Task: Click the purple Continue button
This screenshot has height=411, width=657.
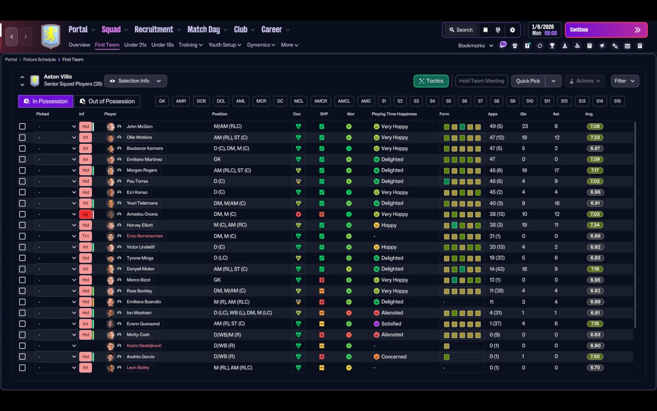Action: coord(606,30)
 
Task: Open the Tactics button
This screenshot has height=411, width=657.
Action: coord(431,81)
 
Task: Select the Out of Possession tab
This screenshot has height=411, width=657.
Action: coord(107,101)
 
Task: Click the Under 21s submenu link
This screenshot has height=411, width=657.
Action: coord(135,45)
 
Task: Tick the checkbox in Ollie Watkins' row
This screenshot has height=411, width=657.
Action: coord(22,137)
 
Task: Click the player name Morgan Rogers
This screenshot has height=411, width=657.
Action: coord(142,170)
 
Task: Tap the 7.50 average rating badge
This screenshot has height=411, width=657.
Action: coord(595,357)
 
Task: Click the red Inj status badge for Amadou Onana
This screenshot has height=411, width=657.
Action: coord(85,214)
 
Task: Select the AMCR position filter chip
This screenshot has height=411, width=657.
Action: coord(321,101)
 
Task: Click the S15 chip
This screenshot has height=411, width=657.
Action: coord(617,101)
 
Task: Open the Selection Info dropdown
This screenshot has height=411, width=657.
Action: coord(136,81)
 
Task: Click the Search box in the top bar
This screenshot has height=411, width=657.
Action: coord(461,30)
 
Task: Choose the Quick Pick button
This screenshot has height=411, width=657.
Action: coord(528,81)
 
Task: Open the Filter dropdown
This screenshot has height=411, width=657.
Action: coord(625,81)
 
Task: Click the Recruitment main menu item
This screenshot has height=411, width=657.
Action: coord(153,29)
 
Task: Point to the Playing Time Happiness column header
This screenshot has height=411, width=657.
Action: coord(394,114)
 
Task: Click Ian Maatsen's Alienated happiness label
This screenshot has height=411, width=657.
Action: coord(392,313)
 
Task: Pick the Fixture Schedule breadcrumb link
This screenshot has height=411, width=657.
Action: coord(40,59)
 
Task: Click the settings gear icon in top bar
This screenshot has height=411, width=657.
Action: coord(512,30)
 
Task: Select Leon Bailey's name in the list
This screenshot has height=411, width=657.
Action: coord(138,367)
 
